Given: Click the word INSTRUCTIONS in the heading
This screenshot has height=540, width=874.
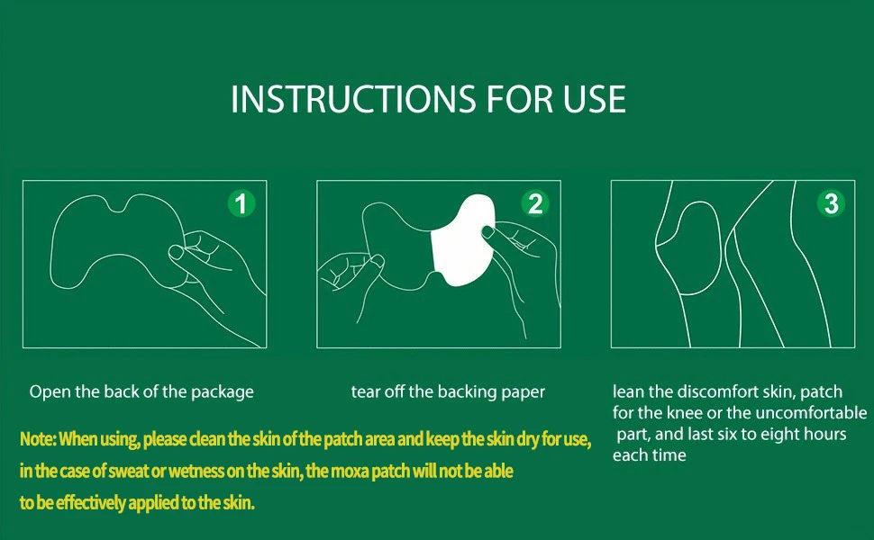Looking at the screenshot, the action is coord(353,99).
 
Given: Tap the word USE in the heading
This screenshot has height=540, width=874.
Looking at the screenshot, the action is coord(594,99).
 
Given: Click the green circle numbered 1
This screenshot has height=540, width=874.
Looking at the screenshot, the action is coord(241,203).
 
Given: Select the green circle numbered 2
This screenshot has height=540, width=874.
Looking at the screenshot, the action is coord(535,203).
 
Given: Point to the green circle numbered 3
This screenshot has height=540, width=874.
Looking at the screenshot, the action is coord(831,203).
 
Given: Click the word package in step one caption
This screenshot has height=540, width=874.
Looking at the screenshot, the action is coord(223,392).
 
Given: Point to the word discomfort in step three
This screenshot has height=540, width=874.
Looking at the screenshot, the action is coord(714,391).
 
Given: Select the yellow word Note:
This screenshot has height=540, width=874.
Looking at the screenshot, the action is coord(37,439).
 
